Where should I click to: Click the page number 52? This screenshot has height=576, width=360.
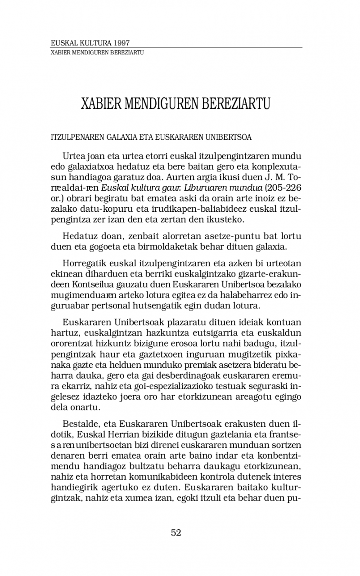[x=176, y=533]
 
